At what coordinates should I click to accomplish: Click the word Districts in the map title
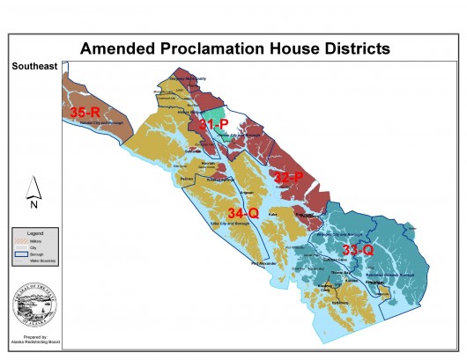[352, 48]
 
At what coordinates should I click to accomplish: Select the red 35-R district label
[86, 112]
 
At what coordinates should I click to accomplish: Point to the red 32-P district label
[290, 177]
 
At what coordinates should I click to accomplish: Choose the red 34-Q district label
[244, 213]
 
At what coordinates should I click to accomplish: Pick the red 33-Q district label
[358, 250]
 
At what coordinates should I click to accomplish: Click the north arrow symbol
[32, 186]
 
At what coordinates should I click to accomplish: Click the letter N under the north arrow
[32, 204]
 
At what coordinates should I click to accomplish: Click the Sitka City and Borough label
[213, 225]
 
